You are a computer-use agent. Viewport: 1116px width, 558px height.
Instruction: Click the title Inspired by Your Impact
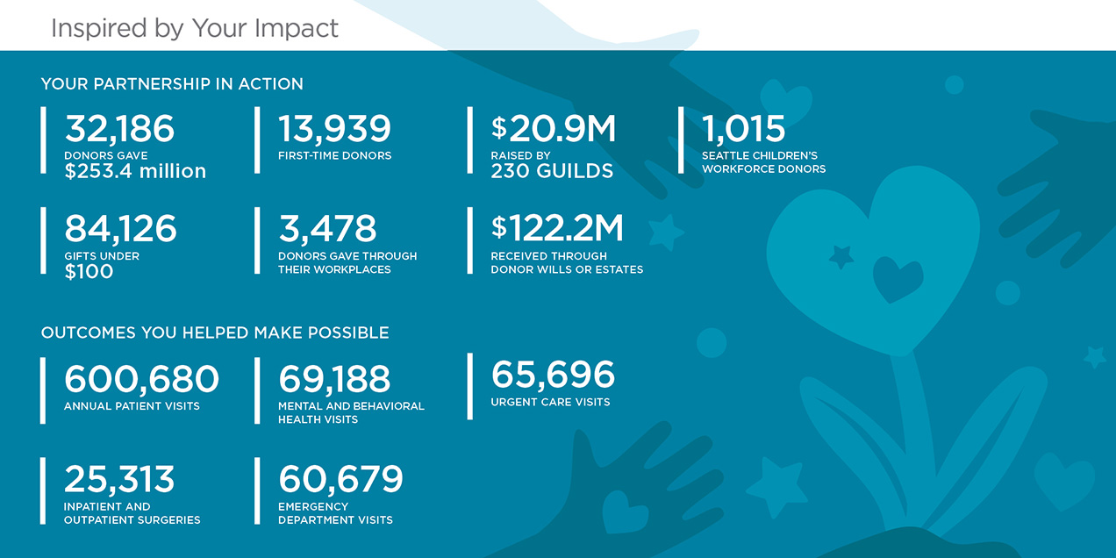click(195, 28)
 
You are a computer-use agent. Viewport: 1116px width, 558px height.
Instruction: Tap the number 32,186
click(119, 129)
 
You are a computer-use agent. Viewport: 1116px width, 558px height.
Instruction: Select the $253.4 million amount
click(135, 171)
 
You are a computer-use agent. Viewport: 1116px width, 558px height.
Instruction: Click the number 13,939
click(334, 129)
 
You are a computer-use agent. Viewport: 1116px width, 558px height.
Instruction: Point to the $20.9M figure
click(553, 129)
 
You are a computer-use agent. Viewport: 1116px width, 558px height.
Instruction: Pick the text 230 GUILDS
click(552, 171)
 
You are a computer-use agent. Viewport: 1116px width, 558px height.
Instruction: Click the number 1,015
click(743, 129)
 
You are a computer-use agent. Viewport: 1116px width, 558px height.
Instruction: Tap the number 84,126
click(120, 229)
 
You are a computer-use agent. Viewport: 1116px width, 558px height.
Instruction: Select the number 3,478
click(327, 229)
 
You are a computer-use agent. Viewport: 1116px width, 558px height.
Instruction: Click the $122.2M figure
click(557, 228)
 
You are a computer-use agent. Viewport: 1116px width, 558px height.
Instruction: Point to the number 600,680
click(141, 379)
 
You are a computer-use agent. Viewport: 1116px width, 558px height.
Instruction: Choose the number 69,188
click(334, 379)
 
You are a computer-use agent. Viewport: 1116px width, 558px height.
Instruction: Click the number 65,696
click(553, 374)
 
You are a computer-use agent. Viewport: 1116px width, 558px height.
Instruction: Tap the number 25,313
click(119, 479)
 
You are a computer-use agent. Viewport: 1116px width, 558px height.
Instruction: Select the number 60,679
click(340, 479)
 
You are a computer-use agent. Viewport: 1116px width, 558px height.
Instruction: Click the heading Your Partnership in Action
click(172, 83)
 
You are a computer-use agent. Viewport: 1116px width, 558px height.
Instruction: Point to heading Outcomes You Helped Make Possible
click(215, 333)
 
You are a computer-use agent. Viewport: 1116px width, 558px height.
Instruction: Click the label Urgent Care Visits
click(550, 402)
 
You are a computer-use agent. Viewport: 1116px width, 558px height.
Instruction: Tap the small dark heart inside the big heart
click(898, 278)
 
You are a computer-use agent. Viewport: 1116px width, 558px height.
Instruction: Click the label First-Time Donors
click(335, 156)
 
